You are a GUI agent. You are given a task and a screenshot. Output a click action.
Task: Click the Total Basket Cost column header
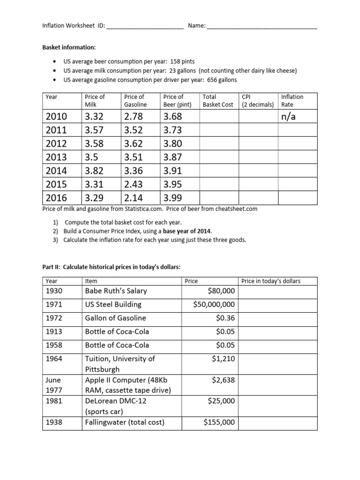(217, 100)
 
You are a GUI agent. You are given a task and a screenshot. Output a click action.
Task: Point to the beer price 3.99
(172, 198)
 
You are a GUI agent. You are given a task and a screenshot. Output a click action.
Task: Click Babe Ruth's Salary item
(116, 291)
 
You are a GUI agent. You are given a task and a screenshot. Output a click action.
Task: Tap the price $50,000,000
(214, 304)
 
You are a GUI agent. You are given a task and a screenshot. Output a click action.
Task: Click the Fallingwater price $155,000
(219, 422)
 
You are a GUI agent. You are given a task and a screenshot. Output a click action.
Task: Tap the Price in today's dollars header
(270, 281)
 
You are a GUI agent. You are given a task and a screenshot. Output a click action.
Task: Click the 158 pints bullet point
(129, 61)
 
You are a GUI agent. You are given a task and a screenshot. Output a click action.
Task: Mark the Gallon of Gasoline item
(115, 318)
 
